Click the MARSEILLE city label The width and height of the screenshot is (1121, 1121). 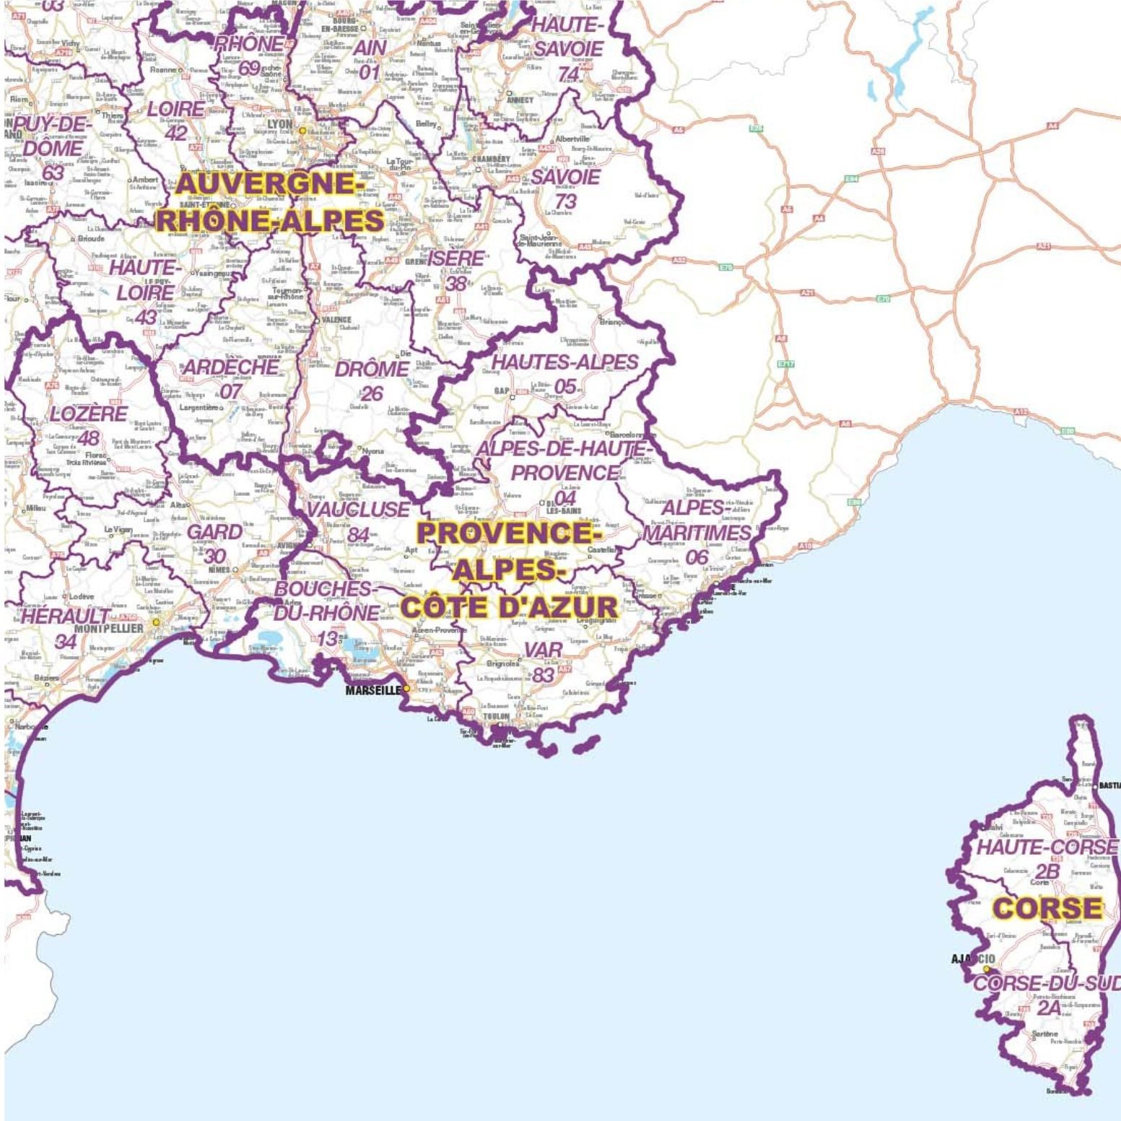click(x=372, y=690)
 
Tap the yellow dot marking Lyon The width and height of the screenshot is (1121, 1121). click(x=303, y=131)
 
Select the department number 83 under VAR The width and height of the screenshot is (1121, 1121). click(x=543, y=675)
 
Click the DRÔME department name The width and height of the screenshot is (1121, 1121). click(x=372, y=369)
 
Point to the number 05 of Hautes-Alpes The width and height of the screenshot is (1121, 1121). click(x=565, y=387)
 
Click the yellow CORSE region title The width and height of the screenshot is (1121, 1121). click(x=1047, y=908)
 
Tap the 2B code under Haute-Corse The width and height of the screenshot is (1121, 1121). click(x=1047, y=871)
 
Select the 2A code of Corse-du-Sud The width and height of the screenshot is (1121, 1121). click(x=1048, y=1008)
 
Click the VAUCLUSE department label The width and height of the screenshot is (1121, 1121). click(x=358, y=510)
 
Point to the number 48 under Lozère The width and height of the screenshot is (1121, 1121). click(x=89, y=438)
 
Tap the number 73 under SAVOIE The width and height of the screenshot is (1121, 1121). click(x=565, y=201)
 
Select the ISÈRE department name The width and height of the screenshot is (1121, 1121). click(x=455, y=259)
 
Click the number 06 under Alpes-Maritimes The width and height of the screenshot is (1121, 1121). click(x=697, y=557)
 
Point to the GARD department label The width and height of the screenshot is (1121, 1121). click(x=215, y=532)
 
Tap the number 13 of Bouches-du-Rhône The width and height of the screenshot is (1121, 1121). click(x=327, y=639)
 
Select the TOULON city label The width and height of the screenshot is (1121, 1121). click(x=496, y=716)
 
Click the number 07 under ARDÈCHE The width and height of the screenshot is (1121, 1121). click(x=231, y=391)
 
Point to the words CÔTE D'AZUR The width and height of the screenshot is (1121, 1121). click(x=510, y=607)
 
